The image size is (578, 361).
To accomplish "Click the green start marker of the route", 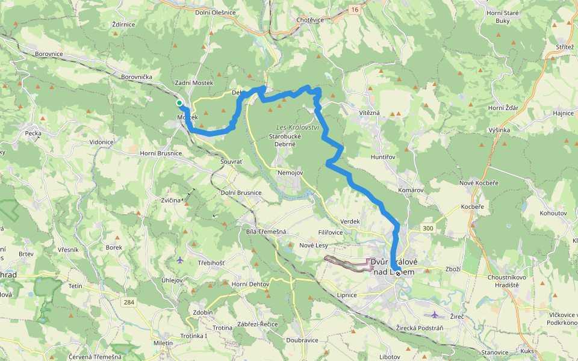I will (179, 103).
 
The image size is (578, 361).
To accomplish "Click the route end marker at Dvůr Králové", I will (398, 273).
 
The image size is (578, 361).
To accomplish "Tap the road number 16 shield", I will (355, 10).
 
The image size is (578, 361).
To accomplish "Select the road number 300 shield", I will (428, 228).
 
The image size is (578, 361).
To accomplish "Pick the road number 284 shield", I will (127, 301).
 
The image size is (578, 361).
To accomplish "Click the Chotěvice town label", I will (311, 20).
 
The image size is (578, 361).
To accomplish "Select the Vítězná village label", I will (369, 113).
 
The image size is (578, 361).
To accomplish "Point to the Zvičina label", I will (171, 200).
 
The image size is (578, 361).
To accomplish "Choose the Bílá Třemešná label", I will (266, 232).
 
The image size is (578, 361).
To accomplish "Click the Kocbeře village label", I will (472, 206).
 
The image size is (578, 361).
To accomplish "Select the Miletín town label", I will (163, 343).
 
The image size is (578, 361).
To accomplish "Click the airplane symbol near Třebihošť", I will (181, 260).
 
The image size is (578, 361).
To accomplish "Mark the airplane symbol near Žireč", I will (435, 315).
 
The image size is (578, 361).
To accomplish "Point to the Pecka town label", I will (33, 133).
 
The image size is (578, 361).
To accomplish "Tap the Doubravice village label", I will (302, 340).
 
